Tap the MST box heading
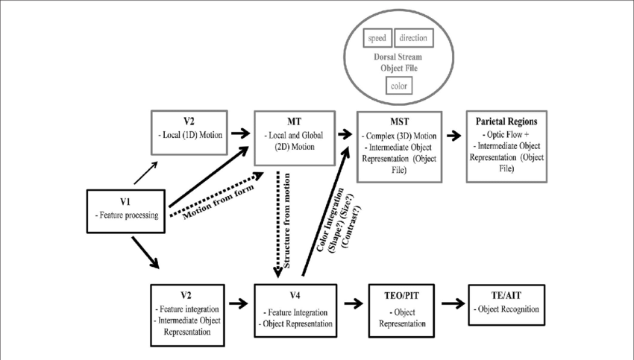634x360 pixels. [x=399, y=121]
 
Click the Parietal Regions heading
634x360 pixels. [x=505, y=121]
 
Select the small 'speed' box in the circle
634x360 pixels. [x=377, y=38]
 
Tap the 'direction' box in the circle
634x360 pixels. [x=412, y=38]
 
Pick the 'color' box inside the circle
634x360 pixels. [x=400, y=86]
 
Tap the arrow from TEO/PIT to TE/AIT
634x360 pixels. [x=452, y=304]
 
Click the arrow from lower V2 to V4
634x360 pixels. [x=237, y=304]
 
